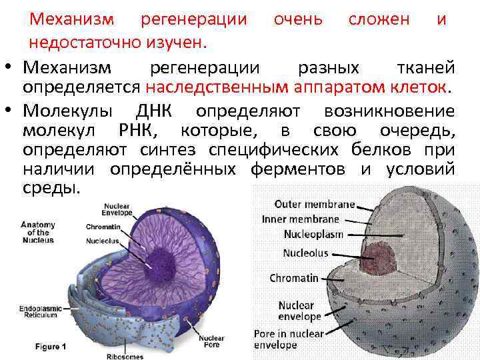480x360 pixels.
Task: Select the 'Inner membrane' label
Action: coord(300,219)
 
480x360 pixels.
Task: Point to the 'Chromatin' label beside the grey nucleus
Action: coord(294,278)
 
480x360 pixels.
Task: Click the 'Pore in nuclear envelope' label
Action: coord(288,339)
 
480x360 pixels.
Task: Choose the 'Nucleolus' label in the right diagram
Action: coord(305,253)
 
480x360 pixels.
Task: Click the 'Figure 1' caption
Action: coord(51,347)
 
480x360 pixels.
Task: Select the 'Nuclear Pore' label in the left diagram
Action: coord(211,341)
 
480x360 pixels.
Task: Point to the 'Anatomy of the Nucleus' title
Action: coord(38,232)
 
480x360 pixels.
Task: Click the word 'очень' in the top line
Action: coord(298,19)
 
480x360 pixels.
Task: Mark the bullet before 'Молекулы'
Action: coord(11,111)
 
